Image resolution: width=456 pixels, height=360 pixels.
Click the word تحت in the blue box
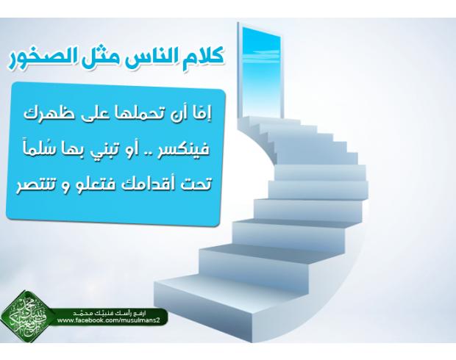(194, 185)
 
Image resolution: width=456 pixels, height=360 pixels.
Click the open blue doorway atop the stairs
(261, 72)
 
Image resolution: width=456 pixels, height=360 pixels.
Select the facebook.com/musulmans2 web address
(113, 320)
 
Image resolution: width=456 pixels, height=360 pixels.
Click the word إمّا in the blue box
(204, 114)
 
